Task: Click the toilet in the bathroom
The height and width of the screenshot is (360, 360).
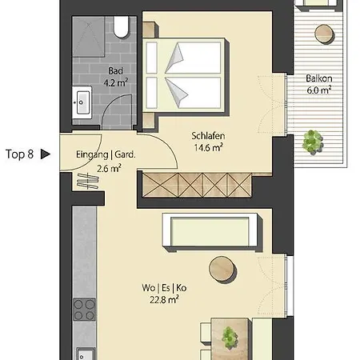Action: click(122, 26)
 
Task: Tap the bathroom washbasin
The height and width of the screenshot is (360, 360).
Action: click(82, 102)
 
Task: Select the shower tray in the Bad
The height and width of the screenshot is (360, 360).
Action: click(88, 37)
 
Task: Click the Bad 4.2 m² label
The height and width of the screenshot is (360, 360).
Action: click(116, 77)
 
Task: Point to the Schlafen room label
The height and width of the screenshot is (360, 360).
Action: click(208, 136)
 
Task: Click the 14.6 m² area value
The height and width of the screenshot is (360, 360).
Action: click(208, 147)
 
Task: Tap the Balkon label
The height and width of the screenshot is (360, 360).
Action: click(319, 78)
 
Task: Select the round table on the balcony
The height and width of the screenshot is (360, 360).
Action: click(325, 34)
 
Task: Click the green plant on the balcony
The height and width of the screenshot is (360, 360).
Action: click(312, 142)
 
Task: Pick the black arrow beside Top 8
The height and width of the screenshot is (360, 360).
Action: click(46, 154)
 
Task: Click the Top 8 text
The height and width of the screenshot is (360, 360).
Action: click(19, 154)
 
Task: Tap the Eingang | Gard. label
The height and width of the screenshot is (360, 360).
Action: click(106, 154)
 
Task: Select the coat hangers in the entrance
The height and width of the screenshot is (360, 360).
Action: click(88, 181)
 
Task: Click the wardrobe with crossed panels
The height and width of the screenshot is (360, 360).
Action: click(197, 186)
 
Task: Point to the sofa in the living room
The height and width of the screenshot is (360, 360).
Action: click(213, 232)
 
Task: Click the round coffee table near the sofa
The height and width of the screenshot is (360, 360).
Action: click(222, 269)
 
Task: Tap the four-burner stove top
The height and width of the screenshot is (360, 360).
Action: click(84, 310)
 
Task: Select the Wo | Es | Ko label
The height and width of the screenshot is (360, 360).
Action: click(164, 288)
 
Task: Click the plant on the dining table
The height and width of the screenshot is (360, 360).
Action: click(230, 337)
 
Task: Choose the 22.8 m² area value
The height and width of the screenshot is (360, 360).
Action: click(164, 300)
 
